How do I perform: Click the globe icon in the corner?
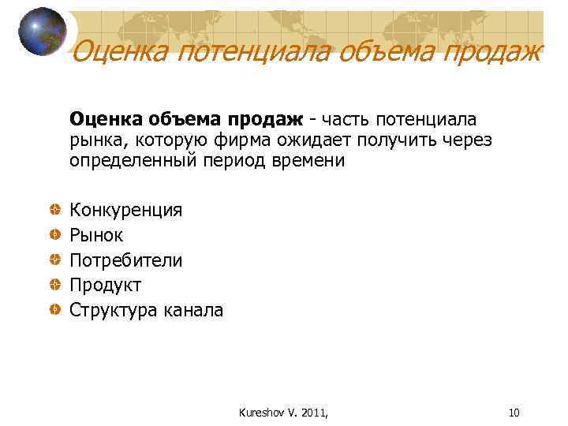(x=43, y=32)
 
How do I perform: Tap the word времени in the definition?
(x=308, y=161)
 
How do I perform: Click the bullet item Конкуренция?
(x=126, y=210)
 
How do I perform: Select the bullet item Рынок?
(x=96, y=235)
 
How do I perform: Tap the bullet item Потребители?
(x=126, y=260)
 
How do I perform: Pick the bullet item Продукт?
(x=105, y=285)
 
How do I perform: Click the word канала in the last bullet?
(x=193, y=310)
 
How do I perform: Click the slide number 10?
(x=514, y=413)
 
